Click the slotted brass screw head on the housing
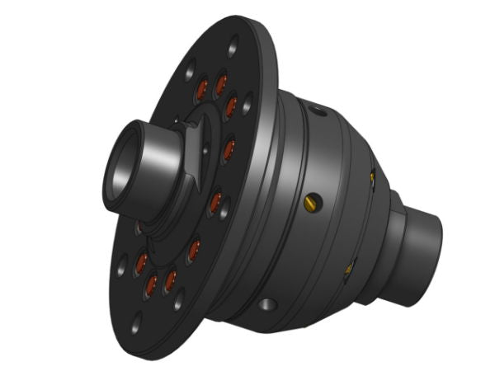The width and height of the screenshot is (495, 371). point(310,201)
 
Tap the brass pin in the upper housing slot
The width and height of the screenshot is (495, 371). point(372,176)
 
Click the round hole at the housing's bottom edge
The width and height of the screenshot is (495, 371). point(266,306)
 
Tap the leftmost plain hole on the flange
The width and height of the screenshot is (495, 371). point(122,265)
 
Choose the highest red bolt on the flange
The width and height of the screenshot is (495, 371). point(220,83)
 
